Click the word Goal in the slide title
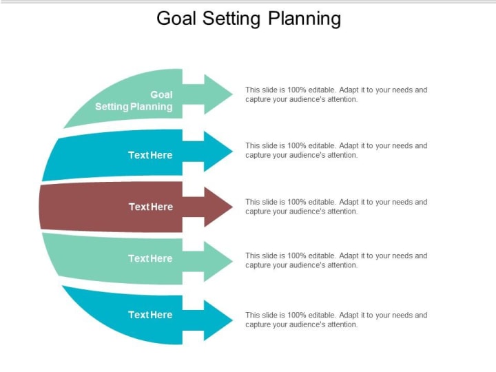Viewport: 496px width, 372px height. pyautogui.click(x=176, y=19)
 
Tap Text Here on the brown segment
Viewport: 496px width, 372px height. pyautogui.click(x=151, y=207)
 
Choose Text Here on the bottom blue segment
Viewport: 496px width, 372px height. pyautogui.click(x=150, y=315)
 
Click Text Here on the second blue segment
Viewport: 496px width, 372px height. pyautogui.click(x=150, y=155)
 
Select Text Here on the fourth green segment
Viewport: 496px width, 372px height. pyautogui.click(x=150, y=258)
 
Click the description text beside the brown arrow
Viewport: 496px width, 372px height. pyautogui.click(x=336, y=207)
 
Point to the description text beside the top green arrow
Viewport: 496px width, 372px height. pyautogui.click(x=336, y=94)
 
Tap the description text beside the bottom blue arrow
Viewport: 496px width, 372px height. pyautogui.click(x=336, y=320)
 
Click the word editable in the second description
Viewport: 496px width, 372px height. pyautogui.click(x=321, y=146)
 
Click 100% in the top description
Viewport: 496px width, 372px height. pyautogui.click(x=296, y=90)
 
